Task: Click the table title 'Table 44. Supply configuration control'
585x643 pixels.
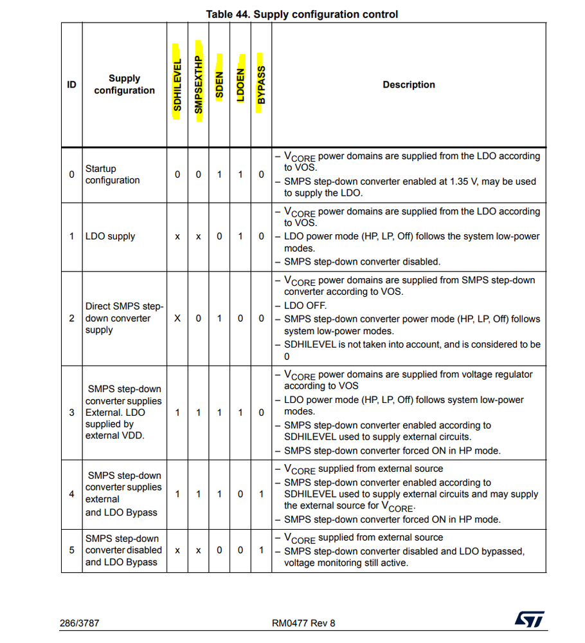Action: (301, 14)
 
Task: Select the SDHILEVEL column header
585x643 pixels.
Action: (177, 85)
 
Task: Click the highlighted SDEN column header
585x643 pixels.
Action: (219, 84)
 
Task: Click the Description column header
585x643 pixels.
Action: (408, 85)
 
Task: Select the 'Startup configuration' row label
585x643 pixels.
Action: (113, 174)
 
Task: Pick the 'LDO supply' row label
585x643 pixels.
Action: (111, 236)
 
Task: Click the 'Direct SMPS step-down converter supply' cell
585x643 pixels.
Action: (124, 318)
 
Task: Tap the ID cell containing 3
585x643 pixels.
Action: (71, 412)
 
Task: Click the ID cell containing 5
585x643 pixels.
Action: (71, 550)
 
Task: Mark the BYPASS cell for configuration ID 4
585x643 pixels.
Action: (261, 494)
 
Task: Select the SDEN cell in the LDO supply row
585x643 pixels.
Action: (219, 236)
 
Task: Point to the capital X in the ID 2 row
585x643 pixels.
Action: (177, 318)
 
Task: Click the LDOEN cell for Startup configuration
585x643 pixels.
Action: (240, 174)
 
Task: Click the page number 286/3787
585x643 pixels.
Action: (80, 622)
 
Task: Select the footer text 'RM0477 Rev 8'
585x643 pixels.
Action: (303, 622)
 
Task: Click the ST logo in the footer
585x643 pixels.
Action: (529, 620)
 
